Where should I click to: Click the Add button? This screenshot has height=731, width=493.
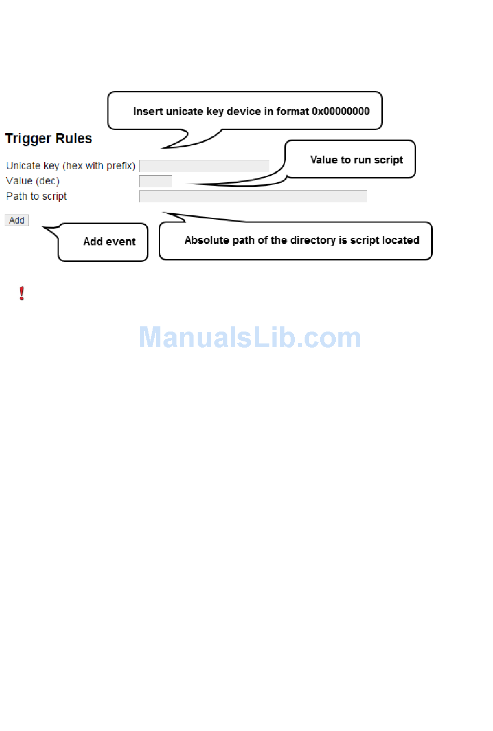pos(17,220)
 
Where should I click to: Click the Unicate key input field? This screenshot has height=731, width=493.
pos(204,166)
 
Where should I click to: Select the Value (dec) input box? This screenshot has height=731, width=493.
pos(155,181)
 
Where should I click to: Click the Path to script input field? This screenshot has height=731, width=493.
pos(253,197)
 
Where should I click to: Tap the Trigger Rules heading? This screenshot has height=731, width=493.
pos(48,139)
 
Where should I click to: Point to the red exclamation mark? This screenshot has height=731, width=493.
pos(22,294)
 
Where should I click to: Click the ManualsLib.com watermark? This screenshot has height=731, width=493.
pos(250,338)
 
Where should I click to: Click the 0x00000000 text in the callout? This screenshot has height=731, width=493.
pos(340,112)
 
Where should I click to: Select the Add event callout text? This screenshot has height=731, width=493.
pos(109,242)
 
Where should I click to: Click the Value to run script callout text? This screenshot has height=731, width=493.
pos(357,160)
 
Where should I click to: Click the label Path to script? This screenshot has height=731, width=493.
pos(36,197)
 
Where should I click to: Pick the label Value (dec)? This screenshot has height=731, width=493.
pos(33,181)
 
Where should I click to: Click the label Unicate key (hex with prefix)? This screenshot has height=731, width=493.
pos(71,166)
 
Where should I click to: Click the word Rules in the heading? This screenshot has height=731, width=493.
pos(74,139)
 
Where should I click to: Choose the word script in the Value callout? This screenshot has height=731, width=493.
pos(388,160)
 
